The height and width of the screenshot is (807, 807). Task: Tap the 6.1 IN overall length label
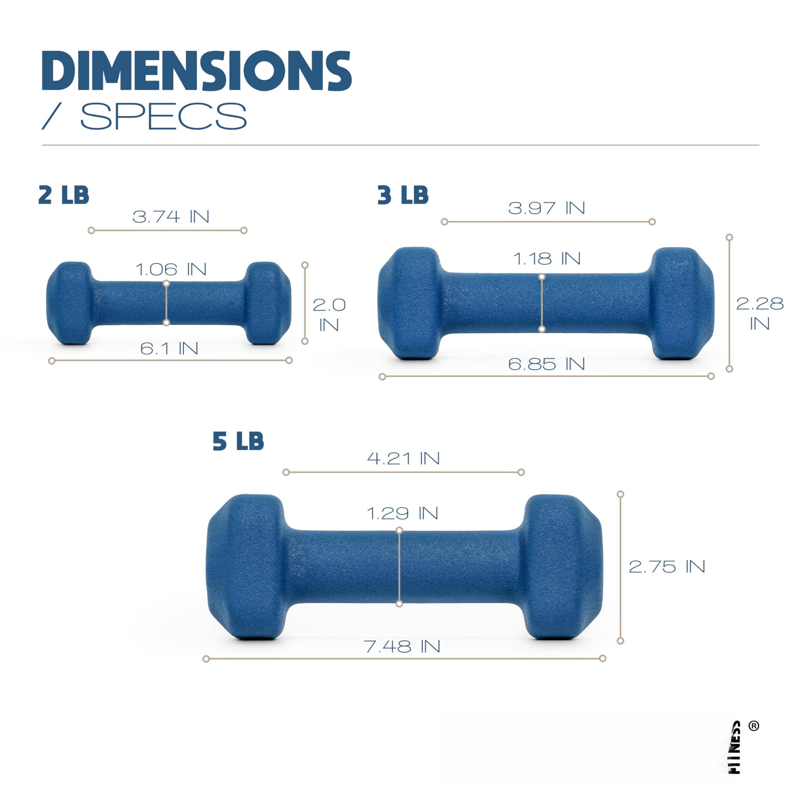click(169, 348)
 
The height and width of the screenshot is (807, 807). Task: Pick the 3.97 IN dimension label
click(546, 208)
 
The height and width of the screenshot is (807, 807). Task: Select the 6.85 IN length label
click(546, 364)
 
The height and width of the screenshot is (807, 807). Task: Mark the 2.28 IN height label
click(759, 313)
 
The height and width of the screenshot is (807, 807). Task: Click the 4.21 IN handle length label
click(403, 458)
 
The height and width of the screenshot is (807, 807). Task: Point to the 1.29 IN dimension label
click(402, 513)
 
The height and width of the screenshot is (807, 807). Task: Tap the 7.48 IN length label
click(402, 647)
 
